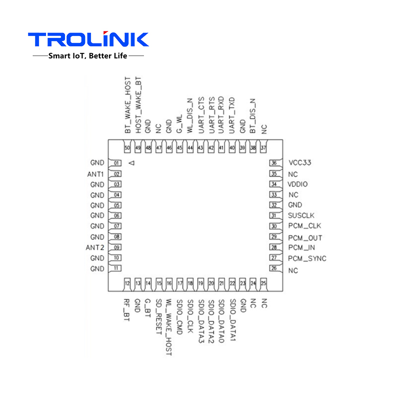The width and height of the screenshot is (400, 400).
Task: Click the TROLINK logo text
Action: (x=88, y=39)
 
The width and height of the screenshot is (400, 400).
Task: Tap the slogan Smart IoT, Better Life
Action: (x=88, y=55)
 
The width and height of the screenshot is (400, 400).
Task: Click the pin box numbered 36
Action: (x=273, y=163)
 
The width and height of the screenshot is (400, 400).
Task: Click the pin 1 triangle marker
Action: (x=132, y=163)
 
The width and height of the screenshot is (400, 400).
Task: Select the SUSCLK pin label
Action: (x=301, y=216)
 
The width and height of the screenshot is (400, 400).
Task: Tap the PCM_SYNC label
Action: (x=307, y=258)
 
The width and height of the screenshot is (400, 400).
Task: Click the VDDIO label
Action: (x=298, y=184)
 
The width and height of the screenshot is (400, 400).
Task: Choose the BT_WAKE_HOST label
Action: (x=127, y=105)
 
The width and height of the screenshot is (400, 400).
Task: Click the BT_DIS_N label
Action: (x=253, y=116)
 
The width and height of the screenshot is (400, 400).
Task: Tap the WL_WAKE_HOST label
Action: (x=169, y=327)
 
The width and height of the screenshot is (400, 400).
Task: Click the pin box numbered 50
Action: (x=127, y=148)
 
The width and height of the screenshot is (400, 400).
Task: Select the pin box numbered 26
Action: (x=273, y=268)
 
